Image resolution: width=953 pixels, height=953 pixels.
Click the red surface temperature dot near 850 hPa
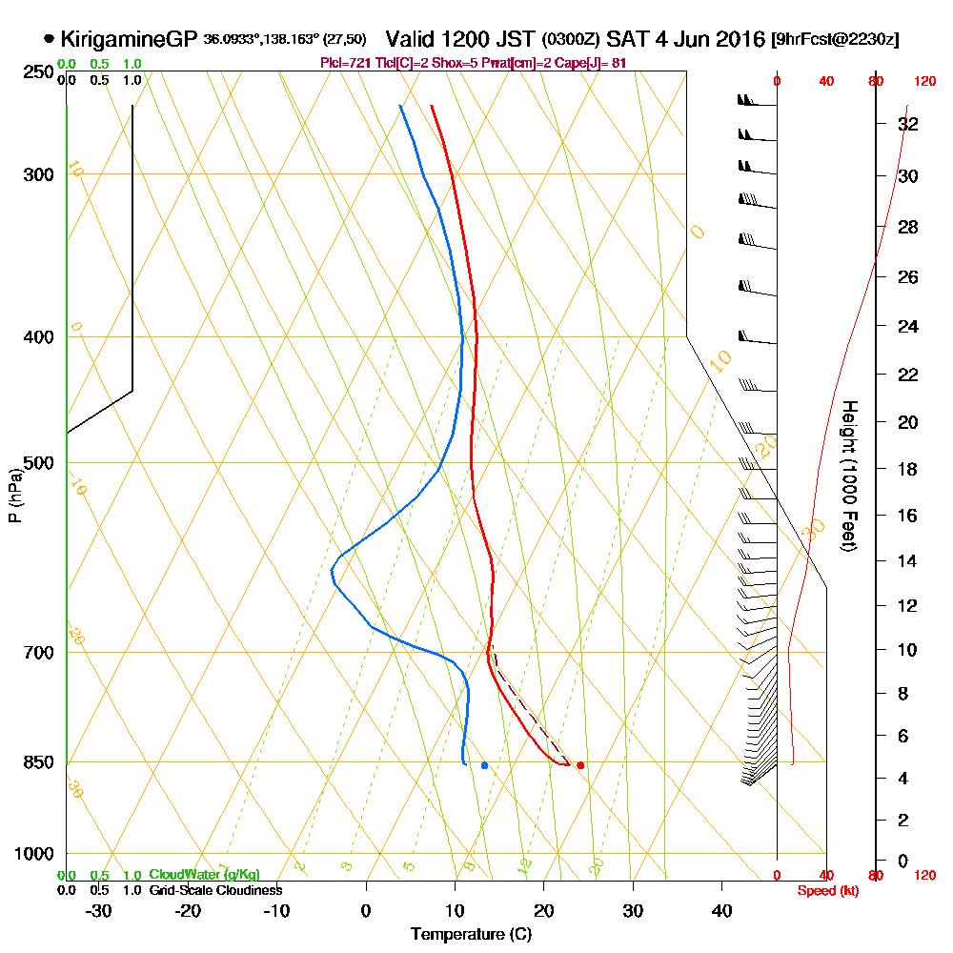pos(580,765)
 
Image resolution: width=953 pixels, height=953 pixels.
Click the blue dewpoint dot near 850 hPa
pos(484,765)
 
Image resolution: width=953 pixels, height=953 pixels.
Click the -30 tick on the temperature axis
pos(99,910)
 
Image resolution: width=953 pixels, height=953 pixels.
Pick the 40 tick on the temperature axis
pos(722,910)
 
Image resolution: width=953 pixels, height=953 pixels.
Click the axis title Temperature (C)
pos(471,934)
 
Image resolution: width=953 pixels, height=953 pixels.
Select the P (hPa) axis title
pos(14,496)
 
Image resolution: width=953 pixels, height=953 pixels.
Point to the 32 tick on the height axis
pos(908,124)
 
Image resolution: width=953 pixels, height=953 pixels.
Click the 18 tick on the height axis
pos(908,469)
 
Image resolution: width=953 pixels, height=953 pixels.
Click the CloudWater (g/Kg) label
pos(204,875)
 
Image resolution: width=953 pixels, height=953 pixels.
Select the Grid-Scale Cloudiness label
pos(214,890)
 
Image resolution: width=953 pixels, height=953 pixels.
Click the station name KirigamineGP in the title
pos(129,40)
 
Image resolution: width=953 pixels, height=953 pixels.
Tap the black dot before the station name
pos(49,40)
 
